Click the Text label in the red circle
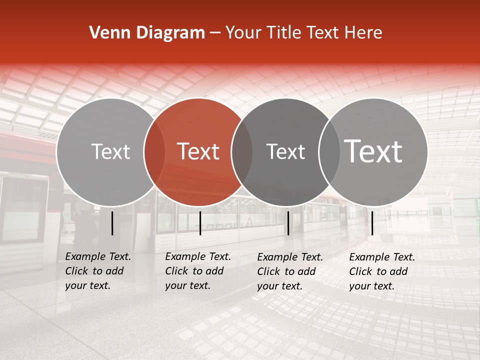coord(198,151)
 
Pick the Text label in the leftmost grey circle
coord(110,151)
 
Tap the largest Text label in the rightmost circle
coord(373,151)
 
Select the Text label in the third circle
coord(285,151)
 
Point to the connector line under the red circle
coord(200,223)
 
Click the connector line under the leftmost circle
coord(112,223)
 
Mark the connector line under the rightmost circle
coord(372,223)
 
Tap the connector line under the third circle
coord(288,223)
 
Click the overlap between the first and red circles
coord(154,151)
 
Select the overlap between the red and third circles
coord(242,151)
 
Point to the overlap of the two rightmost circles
coord(329,151)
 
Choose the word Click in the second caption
coord(176,271)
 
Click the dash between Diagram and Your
coord(215,33)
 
